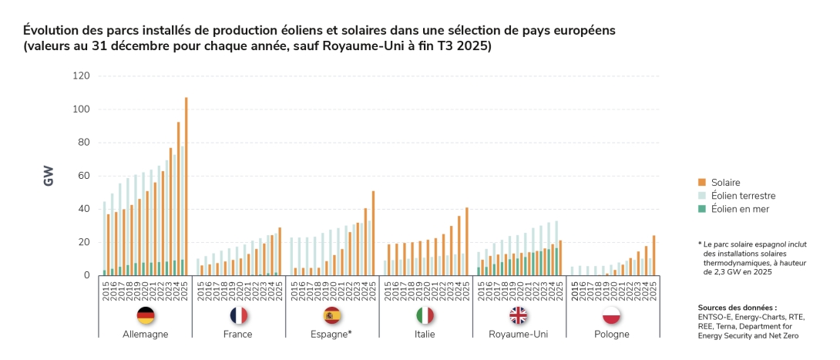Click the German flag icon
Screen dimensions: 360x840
145,315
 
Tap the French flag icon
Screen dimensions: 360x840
239,315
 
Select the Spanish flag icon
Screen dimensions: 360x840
333,315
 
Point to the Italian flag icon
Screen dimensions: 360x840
425,315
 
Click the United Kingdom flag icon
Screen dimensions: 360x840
519,315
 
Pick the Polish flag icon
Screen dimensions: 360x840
612,315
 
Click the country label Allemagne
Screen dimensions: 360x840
145,335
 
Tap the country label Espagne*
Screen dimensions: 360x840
333,335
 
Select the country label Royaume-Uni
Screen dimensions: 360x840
519,335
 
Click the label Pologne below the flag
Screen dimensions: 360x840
612,335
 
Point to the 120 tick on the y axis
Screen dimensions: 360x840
81,76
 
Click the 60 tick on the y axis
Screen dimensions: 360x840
83,176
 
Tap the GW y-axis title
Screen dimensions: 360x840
49,175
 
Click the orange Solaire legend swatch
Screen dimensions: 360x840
703,183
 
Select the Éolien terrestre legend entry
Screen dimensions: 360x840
744,196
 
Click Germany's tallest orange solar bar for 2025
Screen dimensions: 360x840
186,186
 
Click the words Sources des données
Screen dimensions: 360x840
731,307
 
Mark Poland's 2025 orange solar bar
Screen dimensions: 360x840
654,255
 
